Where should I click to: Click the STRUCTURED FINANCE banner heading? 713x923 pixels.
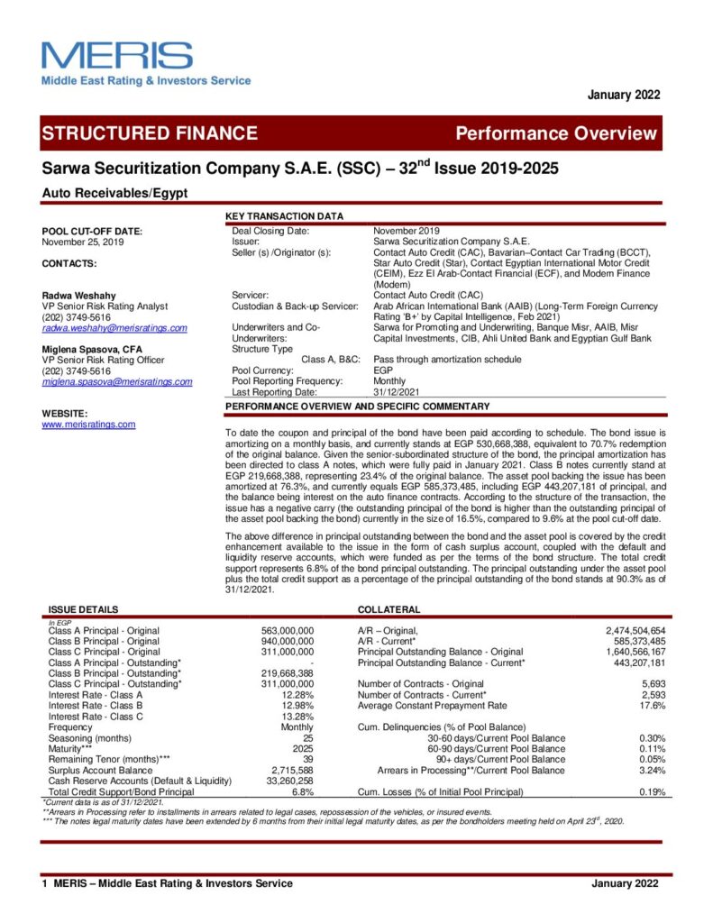(150, 133)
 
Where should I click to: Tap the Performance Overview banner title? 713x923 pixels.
(556, 134)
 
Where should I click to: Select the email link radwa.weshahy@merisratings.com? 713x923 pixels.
(114, 328)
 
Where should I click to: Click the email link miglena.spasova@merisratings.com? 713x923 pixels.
(117, 381)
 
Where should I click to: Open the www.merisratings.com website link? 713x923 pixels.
(88, 425)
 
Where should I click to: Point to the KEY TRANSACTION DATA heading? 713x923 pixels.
(284, 216)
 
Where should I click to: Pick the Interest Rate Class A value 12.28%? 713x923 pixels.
(297, 695)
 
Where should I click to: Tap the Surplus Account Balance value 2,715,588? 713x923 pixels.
(291, 771)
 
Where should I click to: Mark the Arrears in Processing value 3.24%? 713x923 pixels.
(652, 771)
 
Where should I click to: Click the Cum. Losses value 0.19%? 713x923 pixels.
(652, 792)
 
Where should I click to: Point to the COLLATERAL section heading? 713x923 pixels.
(388, 609)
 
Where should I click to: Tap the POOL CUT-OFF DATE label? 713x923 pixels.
(92, 232)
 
